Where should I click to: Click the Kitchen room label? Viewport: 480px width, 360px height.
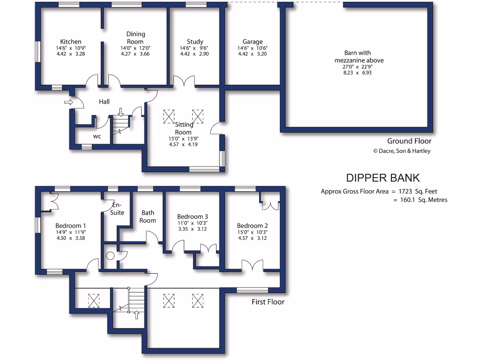tap(71, 42)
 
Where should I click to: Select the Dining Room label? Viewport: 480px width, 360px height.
tap(135, 37)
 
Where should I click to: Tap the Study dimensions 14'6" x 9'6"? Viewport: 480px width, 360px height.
tap(195, 48)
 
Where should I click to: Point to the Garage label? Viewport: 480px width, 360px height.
tap(253, 42)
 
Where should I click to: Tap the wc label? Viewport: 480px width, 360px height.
tap(97, 137)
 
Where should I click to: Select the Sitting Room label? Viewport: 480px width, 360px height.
tap(183, 128)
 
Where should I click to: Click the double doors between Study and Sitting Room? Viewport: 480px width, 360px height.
tap(184, 82)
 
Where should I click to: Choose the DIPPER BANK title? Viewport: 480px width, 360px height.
tap(382, 178)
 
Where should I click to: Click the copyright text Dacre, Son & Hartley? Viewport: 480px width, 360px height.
tap(401, 151)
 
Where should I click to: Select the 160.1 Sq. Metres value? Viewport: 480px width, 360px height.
tap(420, 200)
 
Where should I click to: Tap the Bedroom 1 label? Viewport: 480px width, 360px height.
tap(70, 225)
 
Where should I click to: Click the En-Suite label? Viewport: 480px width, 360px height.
tap(118, 209)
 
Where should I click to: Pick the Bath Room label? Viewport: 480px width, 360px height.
tap(148, 217)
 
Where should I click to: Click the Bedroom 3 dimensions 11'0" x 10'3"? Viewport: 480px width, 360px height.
tap(192, 223)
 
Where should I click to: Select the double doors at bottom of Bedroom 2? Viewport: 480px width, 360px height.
tap(253, 265)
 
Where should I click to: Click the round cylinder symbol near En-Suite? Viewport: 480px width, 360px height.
tap(111, 256)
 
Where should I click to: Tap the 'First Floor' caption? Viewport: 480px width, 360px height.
tap(268, 302)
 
